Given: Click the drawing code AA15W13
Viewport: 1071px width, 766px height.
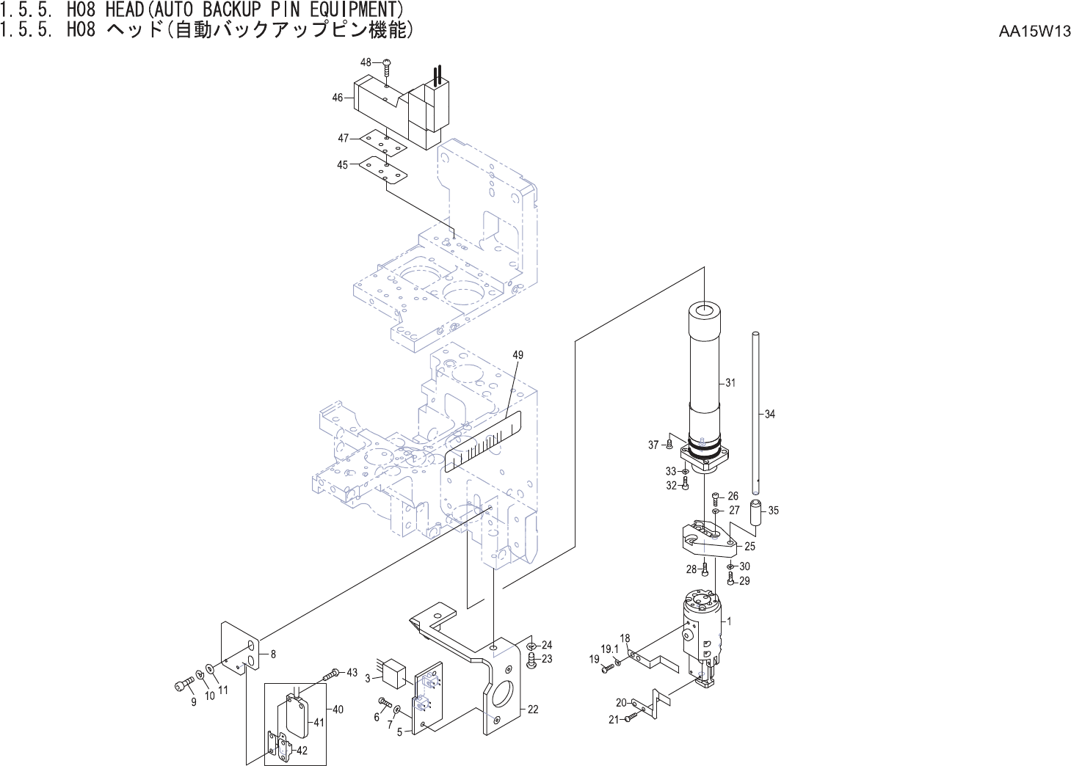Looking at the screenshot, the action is click(x=1034, y=32).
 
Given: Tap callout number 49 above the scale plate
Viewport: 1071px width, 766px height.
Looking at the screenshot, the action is click(x=518, y=355).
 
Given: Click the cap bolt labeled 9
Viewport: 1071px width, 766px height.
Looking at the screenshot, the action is click(x=184, y=685).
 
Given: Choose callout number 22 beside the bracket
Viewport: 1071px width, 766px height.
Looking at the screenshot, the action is click(x=533, y=709).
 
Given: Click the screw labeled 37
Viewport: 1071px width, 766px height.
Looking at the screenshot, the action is click(x=669, y=444).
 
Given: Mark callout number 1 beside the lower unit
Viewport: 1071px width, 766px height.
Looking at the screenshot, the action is click(x=729, y=621).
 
